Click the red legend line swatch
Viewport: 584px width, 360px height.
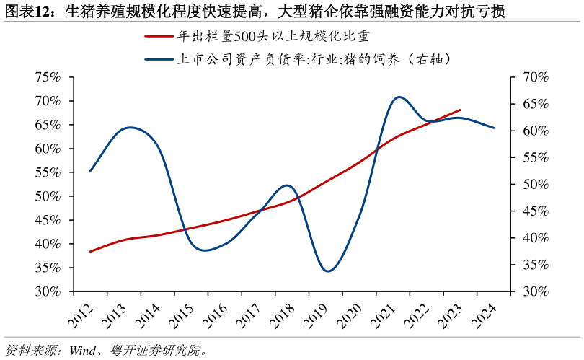click(x=159, y=35)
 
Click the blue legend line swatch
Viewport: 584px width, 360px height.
click(x=159, y=59)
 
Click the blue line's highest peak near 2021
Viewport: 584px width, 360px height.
click(x=399, y=97)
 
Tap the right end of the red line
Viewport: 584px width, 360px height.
click(x=460, y=110)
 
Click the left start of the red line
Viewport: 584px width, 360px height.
click(x=90, y=251)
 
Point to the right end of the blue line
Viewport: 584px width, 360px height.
click(x=494, y=128)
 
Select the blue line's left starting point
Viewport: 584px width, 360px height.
click(x=90, y=171)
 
